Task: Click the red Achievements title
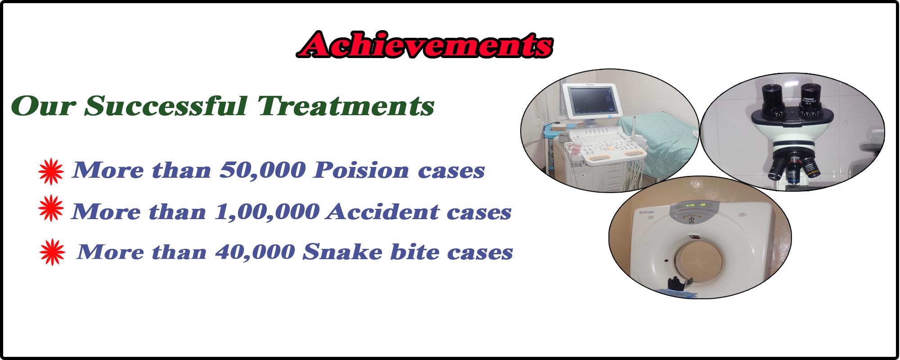[x=424, y=45]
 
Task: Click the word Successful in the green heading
[x=166, y=106]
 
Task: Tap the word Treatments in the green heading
[x=346, y=106]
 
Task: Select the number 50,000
[x=263, y=170]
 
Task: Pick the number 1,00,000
[x=267, y=211]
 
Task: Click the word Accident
[x=383, y=211]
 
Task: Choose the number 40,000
[x=255, y=252]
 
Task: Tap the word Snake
[x=342, y=252]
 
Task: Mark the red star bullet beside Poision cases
[x=51, y=171]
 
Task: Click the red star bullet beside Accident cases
[x=51, y=208]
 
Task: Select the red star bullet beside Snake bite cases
[x=52, y=252]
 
